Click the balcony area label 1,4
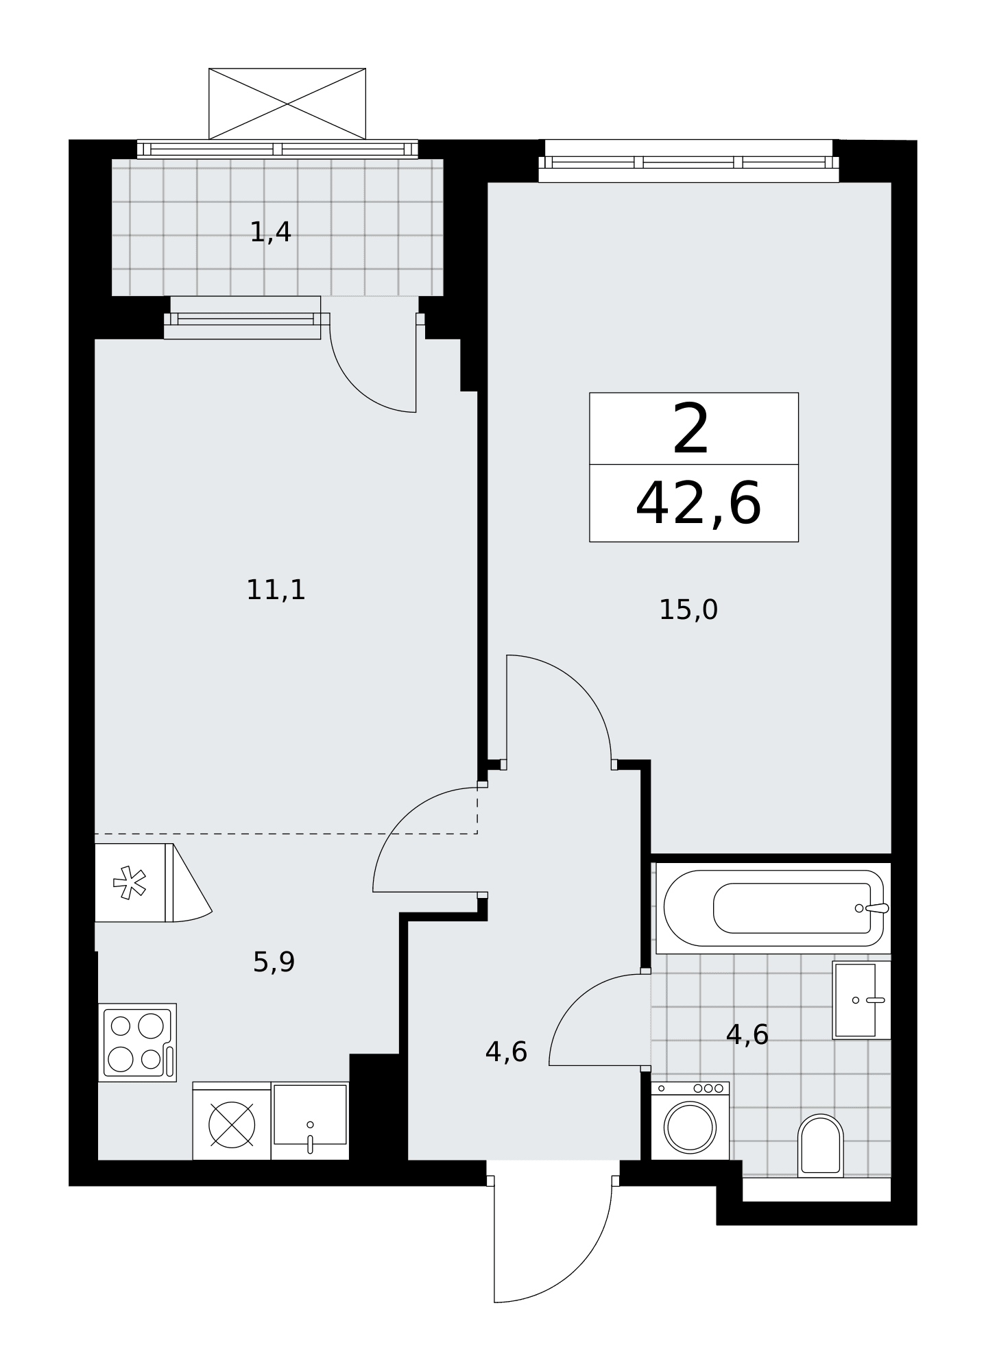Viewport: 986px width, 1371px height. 271,233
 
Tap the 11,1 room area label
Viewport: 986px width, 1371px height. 276,590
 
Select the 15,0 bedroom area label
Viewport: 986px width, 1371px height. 688,609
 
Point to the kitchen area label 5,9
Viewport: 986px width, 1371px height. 274,962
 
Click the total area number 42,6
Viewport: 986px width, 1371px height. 698,504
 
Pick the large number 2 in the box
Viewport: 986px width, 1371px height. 691,430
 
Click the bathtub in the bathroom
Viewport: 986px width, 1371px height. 773,908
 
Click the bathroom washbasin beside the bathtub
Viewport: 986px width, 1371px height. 861,1000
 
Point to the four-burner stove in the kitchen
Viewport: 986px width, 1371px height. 137,1043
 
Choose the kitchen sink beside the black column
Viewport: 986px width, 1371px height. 310,1121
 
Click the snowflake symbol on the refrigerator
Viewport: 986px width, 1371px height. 129,883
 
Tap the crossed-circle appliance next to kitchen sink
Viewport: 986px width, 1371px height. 232,1124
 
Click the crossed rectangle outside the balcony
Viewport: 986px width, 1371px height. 287,104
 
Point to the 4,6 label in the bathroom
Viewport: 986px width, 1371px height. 747,1034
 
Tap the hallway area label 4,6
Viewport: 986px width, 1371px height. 506,1052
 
